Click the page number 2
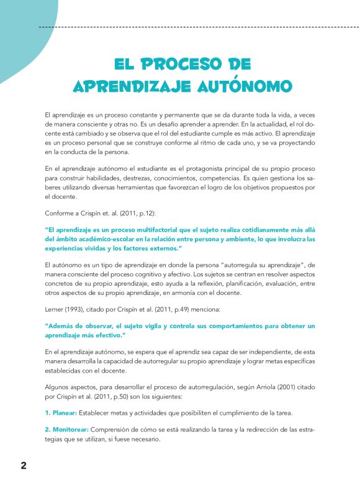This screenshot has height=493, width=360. click(x=23, y=466)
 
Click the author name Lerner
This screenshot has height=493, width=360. click(x=55, y=309)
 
